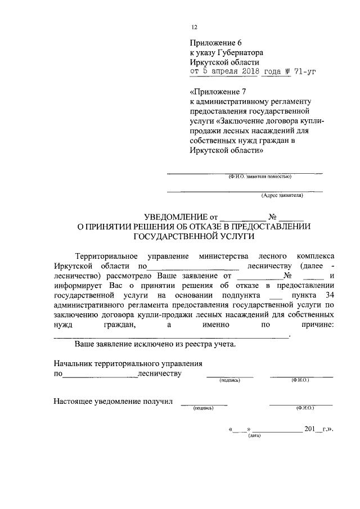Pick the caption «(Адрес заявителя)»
pyautogui.click(x=281, y=196)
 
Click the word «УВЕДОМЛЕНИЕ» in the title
pyautogui.click(x=175, y=216)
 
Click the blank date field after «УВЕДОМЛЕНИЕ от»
pyautogui.click(x=241, y=217)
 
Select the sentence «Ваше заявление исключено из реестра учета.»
pyautogui.click(x=155, y=344)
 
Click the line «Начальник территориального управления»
pyautogui.click(x=128, y=364)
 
